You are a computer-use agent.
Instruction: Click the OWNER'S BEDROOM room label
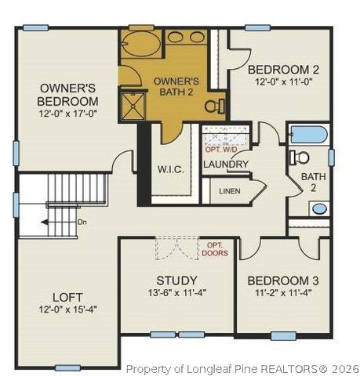point(68,94)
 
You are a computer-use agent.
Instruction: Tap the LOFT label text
point(67,297)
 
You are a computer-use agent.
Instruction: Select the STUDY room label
point(177,280)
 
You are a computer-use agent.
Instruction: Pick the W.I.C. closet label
point(170,169)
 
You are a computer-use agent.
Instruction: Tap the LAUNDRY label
point(226,164)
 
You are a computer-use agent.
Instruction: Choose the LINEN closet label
point(230,190)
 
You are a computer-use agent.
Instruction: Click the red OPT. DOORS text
point(214,249)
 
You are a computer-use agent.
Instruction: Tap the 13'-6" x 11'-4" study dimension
point(176,294)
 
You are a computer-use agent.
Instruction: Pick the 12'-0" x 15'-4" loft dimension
point(67,309)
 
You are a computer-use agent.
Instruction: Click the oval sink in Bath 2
point(318,209)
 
